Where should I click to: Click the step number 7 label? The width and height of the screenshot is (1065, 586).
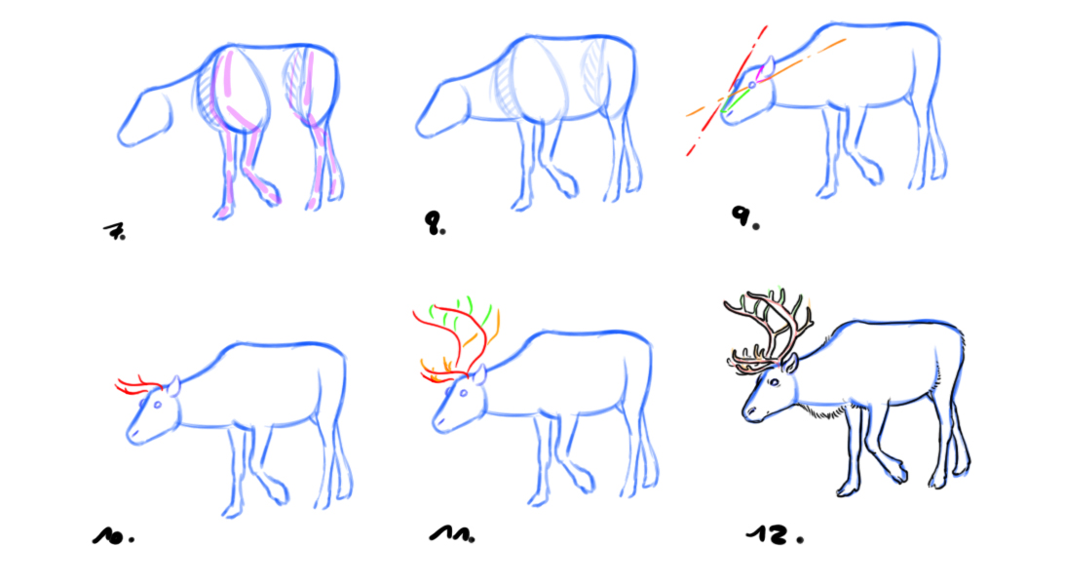coord(115,232)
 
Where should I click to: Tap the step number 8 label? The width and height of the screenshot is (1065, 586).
coord(435,223)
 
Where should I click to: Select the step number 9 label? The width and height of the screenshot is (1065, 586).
coord(744,216)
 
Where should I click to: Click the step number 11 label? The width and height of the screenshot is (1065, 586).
coord(452,534)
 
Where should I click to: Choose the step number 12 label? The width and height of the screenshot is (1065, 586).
coord(775,534)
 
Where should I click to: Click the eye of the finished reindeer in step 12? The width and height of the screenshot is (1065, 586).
coord(774,383)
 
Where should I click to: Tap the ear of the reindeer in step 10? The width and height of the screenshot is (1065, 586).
coord(173,386)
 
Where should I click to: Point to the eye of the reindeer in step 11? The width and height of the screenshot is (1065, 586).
coord(465,394)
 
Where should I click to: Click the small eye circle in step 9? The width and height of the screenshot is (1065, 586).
coord(752,85)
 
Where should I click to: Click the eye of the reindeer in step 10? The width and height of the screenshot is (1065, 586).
coord(158,406)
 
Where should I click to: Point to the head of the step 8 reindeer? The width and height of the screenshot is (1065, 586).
coord(441,109)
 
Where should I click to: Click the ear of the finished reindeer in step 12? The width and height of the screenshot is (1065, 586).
coord(790,362)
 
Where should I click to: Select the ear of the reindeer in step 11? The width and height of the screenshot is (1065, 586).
coord(479,373)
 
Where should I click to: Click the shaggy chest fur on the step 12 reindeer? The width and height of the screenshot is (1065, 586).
coord(823,410)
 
